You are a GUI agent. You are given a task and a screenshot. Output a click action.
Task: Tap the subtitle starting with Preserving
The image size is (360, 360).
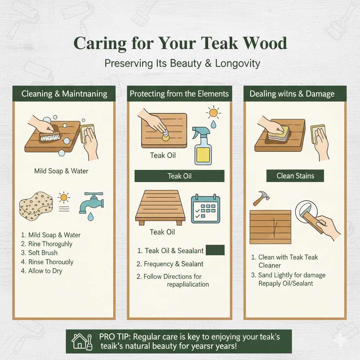182,63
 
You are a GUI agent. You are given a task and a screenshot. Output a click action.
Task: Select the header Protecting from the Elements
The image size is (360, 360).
179,94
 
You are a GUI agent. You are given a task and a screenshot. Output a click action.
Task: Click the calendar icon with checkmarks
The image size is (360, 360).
205,209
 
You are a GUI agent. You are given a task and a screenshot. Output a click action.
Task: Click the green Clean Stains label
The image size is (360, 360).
295,176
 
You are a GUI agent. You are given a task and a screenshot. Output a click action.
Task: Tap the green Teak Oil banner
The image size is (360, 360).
179,176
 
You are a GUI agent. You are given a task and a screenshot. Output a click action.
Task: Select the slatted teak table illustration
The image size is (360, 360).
160,207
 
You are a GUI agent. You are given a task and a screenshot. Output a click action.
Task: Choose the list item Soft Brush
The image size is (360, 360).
43,253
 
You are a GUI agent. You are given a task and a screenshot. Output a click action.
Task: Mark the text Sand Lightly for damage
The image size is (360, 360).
291,275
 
